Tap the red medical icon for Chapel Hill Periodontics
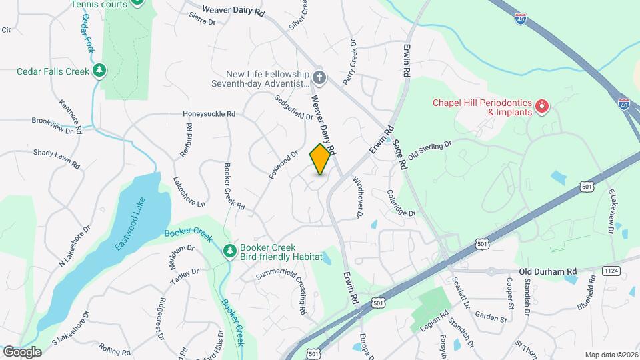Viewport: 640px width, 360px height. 543,106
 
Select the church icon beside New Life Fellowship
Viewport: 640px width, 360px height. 319,78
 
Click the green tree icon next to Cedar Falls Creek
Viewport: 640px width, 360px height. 99,71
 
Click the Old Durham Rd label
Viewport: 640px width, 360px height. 548,271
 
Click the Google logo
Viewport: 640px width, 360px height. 22,351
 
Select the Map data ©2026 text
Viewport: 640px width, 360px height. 611,355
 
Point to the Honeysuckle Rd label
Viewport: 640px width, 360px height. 209,114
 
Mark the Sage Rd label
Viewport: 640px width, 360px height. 399,149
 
